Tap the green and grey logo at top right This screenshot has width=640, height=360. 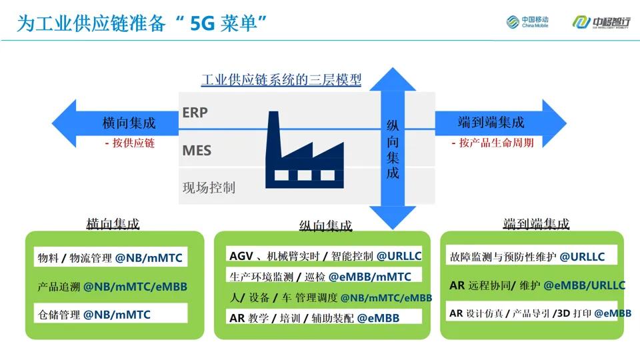pos(600,22)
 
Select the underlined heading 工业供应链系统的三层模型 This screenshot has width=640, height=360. pos(281,81)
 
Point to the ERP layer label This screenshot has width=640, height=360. pos(195,113)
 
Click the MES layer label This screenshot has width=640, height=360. pos(197,151)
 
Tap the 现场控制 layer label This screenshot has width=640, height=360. pos(209,187)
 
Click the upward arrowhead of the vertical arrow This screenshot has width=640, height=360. pos(393,80)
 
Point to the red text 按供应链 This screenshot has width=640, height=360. pos(129,143)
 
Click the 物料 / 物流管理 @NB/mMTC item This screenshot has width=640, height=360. pos(110,258)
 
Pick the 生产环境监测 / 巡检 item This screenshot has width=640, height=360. pos(320,276)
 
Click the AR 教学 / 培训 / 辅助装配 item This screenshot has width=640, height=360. pos(314,318)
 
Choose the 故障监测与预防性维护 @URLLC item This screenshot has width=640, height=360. pos(527,257)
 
